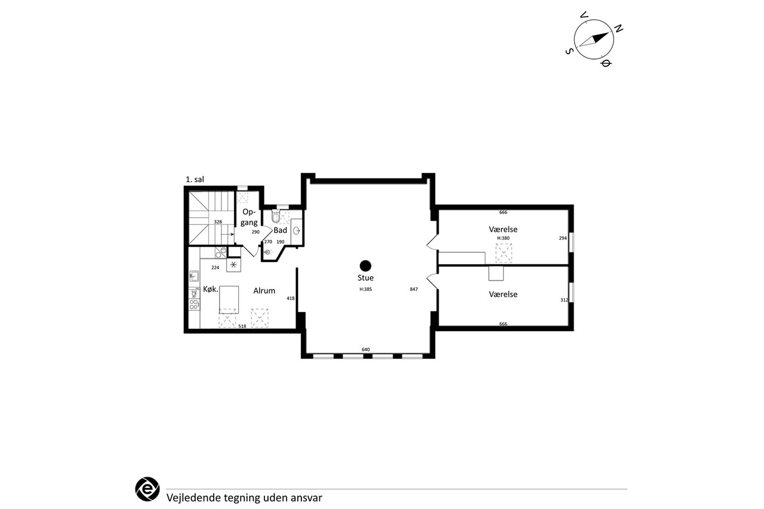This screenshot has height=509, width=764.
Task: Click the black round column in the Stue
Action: (x=365, y=266)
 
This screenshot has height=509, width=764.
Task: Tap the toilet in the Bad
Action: (x=276, y=216)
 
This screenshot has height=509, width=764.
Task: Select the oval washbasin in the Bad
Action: (x=297, y=232)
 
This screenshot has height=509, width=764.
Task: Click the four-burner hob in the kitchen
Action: (x=194, y=304)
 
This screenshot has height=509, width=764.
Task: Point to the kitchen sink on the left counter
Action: (x=194, y=276)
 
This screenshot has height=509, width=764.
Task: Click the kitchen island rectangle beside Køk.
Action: (x=229, y=300)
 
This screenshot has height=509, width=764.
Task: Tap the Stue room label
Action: (x=365, y=278)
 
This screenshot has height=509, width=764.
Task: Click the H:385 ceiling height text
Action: (x=366, y=289)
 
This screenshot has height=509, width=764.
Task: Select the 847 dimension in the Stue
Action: (x=414, y=289)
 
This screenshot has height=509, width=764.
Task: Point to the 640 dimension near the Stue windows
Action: (x=366, y=350)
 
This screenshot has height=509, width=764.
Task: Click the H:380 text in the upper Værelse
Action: (x=503, y=238)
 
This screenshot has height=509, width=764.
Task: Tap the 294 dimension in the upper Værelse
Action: (x=563, y=238)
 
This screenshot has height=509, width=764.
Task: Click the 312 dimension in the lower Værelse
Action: (x=564, y=300)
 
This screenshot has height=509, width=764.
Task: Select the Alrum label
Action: (x=264, y=291)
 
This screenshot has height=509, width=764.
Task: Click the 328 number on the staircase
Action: (x=218, y=222)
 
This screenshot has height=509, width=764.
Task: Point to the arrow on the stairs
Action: (x=227, y=235)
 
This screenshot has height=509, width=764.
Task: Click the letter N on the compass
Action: (x=619, y=29)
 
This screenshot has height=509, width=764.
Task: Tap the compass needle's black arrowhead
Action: (x=600, y=38)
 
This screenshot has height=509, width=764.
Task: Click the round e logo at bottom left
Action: (x=147, y=489)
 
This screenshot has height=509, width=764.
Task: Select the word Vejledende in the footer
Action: (x=194, y=498)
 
